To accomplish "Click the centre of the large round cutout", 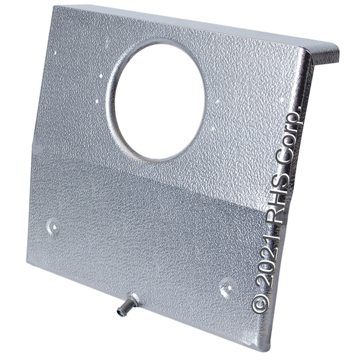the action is [x=160, y=101].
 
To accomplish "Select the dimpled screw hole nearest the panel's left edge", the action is [x=54, y=227].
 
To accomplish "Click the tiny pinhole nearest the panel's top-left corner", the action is [x=55, y=53].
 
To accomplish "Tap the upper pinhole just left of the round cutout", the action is [x=101, y=76].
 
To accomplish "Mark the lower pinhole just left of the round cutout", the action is [x=97, y=101].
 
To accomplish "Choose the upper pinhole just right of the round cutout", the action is [x=217, y=101].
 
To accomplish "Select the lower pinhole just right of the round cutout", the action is [x=213, y=129].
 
